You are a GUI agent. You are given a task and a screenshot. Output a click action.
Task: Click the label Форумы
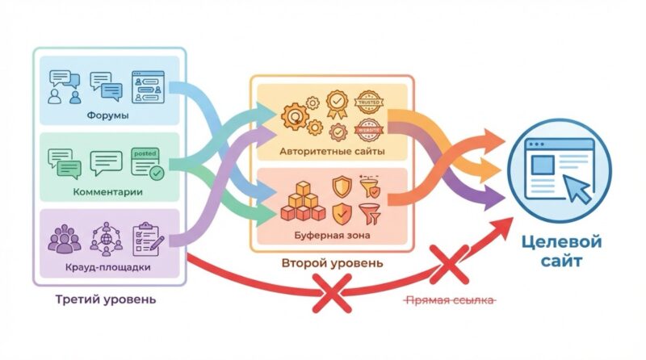click(x=107, y=115)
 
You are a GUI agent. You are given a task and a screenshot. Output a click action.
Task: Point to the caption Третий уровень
click(x=106, y=299)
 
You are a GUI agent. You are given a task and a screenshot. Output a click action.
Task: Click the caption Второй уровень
click(x=333, y=263)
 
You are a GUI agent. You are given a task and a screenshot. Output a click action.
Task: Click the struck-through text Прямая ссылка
click(x=449, y=299)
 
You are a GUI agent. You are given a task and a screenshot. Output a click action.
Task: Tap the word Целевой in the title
click(x=560, y=241)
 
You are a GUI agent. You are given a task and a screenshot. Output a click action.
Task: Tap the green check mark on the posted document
click(x=157, y=172)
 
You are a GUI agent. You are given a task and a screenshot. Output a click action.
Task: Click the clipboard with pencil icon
click(x=149, y=235)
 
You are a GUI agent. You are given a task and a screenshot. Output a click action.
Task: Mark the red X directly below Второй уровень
click(x=333, y=292)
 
